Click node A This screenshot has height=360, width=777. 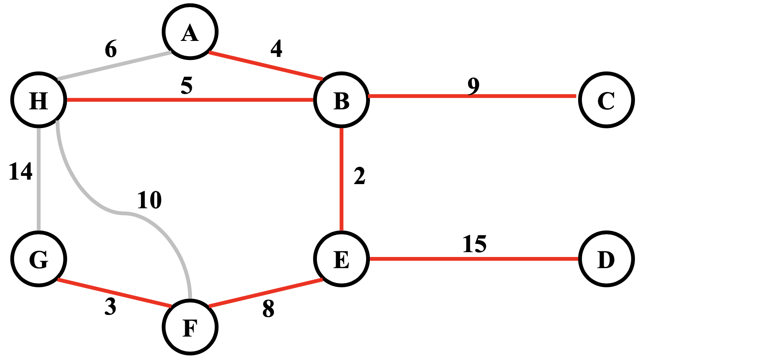(190, 32)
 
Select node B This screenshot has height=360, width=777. (341, 100)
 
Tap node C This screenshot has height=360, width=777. (606, 100)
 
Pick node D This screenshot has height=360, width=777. (606, 259)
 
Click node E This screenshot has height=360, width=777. (341, 259)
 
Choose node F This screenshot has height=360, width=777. (190, 327)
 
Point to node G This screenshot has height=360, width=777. (39, 259)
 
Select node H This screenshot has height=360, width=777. (39, 100)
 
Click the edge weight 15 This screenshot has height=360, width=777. (474, 244)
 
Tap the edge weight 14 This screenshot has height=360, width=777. (20, 172)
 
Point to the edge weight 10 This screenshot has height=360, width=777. (149, 200)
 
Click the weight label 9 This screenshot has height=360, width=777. (473, 86)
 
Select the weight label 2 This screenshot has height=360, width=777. (360, 176)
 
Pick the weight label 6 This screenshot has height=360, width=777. (111, 49)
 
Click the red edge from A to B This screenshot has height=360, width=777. (266, 65)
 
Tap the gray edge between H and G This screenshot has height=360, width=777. (39, 179)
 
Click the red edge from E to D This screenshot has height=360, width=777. (474, 258)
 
